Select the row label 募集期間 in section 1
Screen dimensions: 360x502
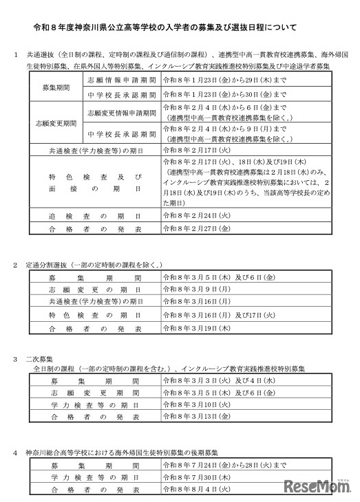coord(54,89)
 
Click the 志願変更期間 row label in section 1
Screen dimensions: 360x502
coord(54,123)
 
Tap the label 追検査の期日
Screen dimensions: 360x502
coord(95,215)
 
